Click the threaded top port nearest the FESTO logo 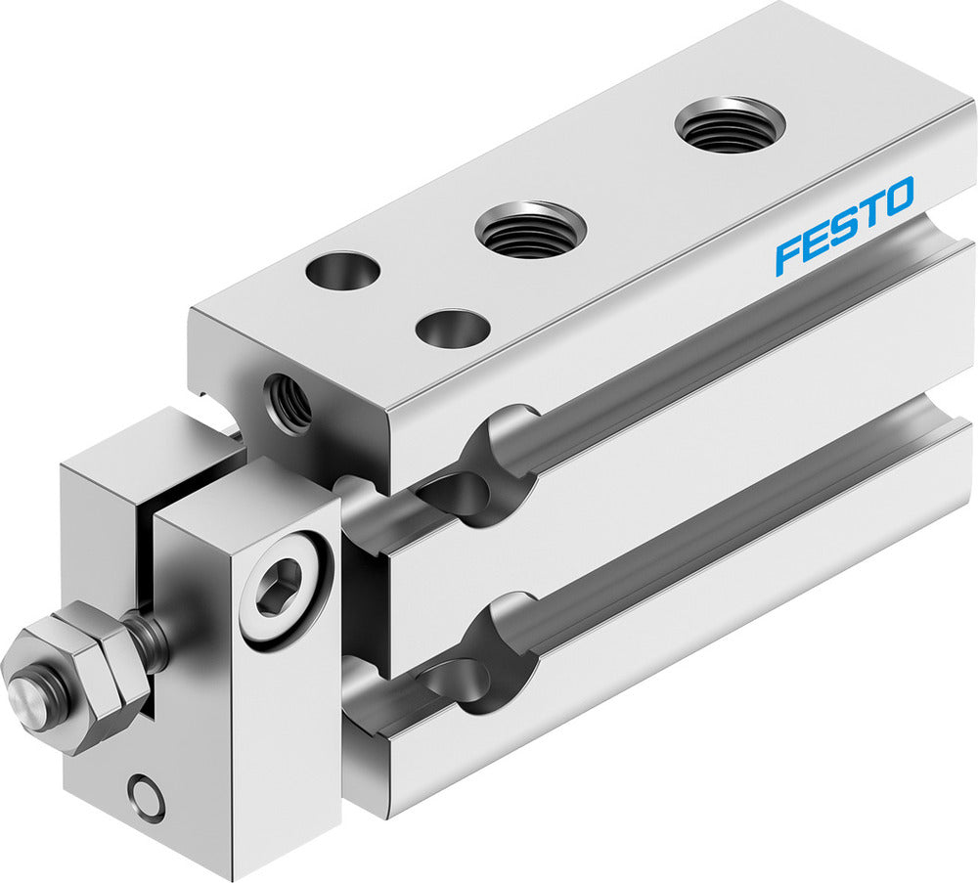pyautogui.click(x=730, y=124)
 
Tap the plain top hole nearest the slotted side pyautogui.click(x=452, y=327)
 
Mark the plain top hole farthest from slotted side pyautogui.click(x=342, y=271)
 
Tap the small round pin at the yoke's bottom pyautogui.click(x=148, y=795)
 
